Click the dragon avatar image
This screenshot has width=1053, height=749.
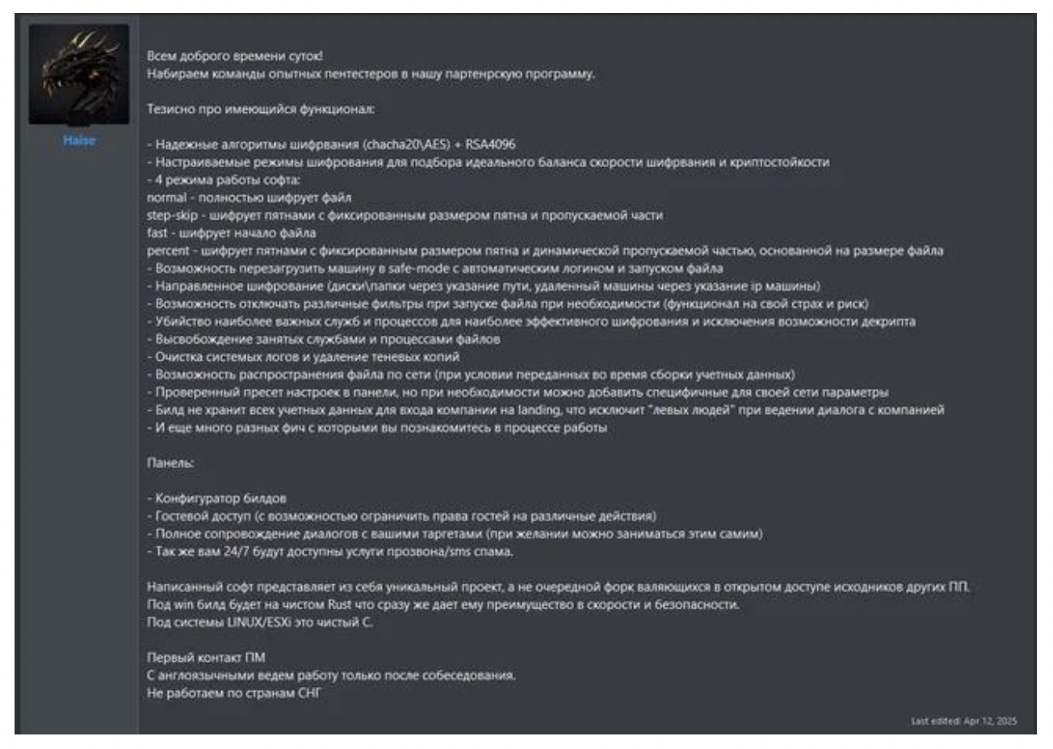[x=79, y=74]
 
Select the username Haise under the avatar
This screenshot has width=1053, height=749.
[x=79, y=140]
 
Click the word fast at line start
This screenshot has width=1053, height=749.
[x=157, y=233]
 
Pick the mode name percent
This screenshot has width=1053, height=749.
[x=168, y=251]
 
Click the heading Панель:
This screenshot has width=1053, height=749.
[x=170, y=463]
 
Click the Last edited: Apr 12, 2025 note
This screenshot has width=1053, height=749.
[x=963, y=721]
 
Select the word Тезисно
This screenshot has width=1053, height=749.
[x=171, y=109]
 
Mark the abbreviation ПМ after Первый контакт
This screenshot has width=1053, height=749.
[x=255, y=658]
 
